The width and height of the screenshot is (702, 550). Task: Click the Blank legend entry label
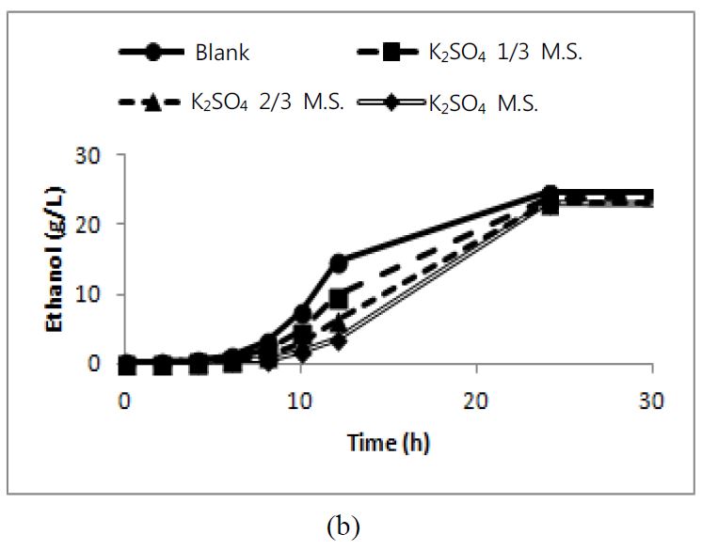(223, 53)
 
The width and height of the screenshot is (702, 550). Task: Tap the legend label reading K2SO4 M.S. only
(483, 103)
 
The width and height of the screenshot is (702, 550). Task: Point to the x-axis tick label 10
(300, 401)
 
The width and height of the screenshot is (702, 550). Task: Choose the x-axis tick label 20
(476, 401)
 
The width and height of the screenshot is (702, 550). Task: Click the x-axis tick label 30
(652, 401)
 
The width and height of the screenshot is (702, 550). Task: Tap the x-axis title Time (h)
(388, 441)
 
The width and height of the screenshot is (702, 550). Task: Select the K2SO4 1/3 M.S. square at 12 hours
(339, 298)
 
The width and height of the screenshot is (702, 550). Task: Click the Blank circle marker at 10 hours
(302, 313)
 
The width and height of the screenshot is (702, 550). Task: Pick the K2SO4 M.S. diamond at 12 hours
(338, 339)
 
